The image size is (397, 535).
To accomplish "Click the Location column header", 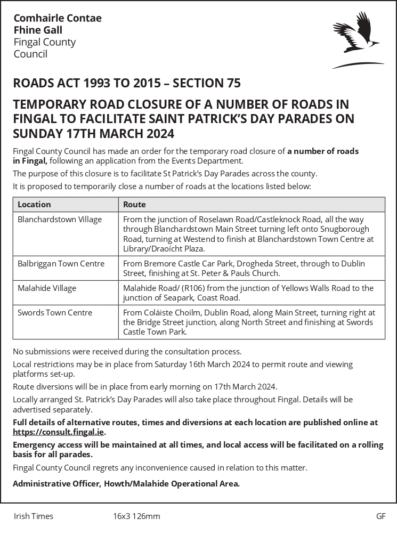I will (x=34, y=204).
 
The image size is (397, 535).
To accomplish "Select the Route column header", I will (x=134, y=204).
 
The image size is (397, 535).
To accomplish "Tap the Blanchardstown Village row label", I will (x=60, y=219).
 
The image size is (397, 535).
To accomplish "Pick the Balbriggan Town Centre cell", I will (x=61, y=263).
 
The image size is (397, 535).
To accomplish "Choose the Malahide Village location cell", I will (x=47, y=288).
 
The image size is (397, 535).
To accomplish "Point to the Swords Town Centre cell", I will (x=55, y=312).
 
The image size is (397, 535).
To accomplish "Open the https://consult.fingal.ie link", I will (x=59, y=432).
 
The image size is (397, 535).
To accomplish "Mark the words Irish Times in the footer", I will (x=34, y=516).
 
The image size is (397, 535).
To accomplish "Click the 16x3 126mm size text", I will (x=136, y=516).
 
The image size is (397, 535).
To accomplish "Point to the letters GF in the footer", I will (x=380, y=516).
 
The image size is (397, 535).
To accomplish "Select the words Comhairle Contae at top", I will (x=58, y=18).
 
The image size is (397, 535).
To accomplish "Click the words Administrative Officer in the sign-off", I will (x=56, y=484).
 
